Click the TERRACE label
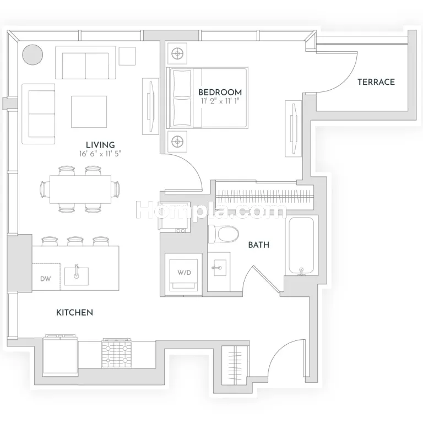[x=376, y=82]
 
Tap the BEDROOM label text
[x=220, y=93]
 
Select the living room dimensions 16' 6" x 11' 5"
[x=100, y=154]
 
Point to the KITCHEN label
[x=74, y=312]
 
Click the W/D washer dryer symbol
[x=184, y=273]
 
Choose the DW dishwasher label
[x=46, y=279]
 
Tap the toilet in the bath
[x=224, y=234]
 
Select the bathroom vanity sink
[x=219, y=268]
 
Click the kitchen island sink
[x=77, y=276]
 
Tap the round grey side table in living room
[x=32, y=55]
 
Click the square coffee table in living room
[x=89, y=112]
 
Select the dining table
[x=80, y=189]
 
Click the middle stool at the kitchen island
[x=75, y=241]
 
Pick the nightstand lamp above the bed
[x=177, y=53]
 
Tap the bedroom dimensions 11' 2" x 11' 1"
[x=220, y=101]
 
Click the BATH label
[x=259, y=245]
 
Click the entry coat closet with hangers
[x=235, y=365]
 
